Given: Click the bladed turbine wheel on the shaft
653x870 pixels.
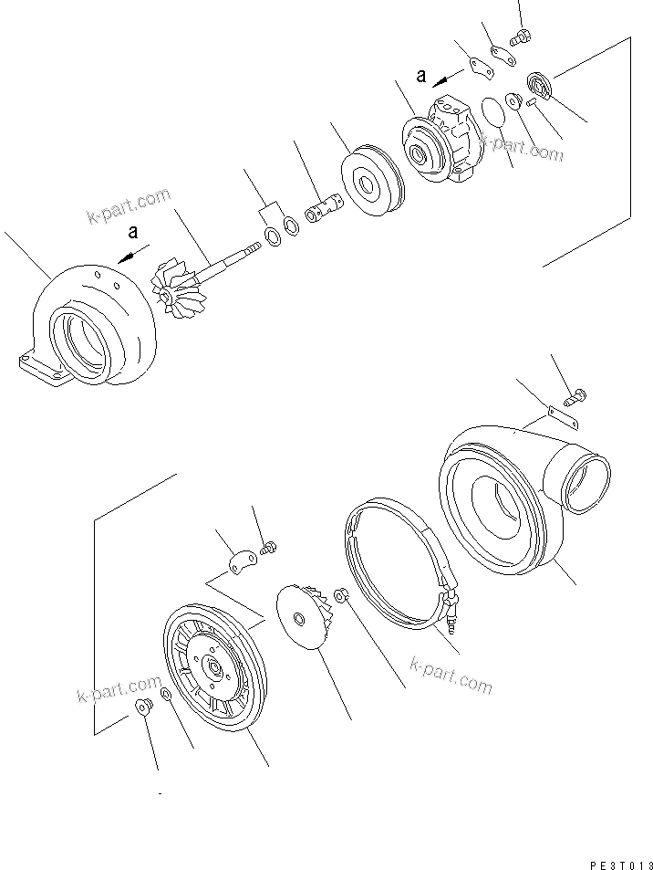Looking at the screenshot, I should click(x=171, y=288).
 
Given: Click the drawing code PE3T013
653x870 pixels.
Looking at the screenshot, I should click(x=617, y=859).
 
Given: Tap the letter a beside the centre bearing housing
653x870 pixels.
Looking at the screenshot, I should click(x=421, y=77).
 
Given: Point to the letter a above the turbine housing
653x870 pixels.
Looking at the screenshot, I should click(x=133, y=232).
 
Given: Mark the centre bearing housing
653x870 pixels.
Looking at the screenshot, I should click(x=441, y=140).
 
